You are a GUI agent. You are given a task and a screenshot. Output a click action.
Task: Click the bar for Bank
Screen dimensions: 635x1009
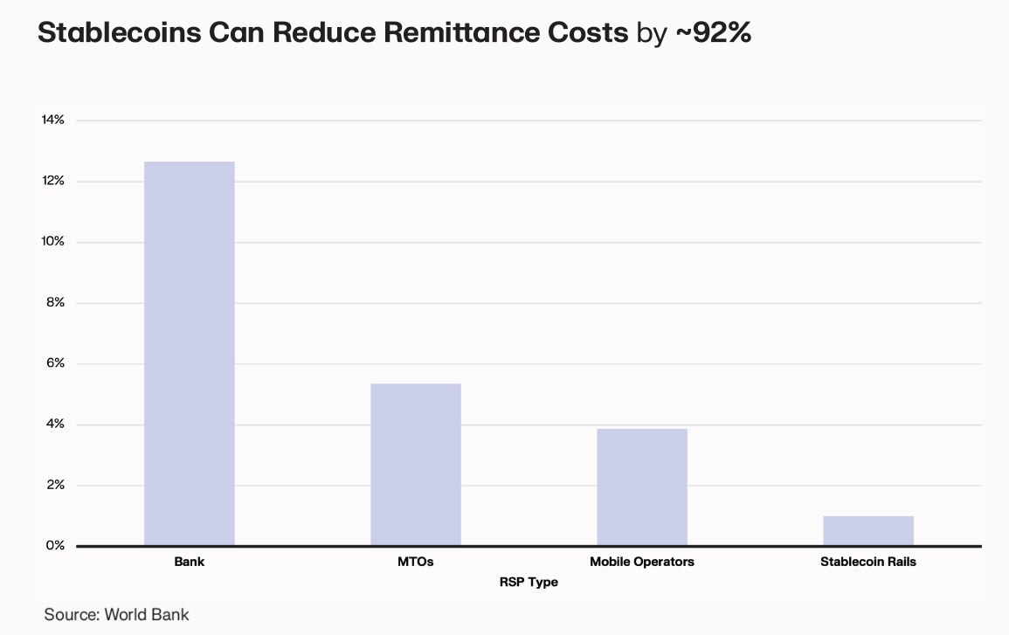(x=190, y=354)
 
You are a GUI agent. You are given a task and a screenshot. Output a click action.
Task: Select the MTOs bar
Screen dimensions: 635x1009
(x=416, y=465)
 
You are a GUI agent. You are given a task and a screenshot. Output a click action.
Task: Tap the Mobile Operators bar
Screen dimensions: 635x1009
(x=642, y=487)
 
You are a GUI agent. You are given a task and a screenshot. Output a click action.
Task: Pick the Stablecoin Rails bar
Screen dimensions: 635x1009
(x=868, y=531)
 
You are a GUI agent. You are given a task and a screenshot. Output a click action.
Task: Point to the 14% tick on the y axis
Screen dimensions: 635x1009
(x=53, y=120)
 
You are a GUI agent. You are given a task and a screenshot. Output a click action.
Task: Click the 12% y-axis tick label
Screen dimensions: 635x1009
(x=53, y=181)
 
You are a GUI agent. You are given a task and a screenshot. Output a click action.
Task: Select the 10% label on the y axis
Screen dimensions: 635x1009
(x=53, y=242)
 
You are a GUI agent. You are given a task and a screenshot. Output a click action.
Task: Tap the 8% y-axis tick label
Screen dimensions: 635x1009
(x=55, y=303)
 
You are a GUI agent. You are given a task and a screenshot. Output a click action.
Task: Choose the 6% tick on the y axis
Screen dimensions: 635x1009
(x=55, y=363)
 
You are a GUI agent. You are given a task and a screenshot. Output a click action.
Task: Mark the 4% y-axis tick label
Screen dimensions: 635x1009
(x=55, y=424)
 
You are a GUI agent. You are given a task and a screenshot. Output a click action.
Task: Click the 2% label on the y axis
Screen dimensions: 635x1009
(x=55, y=485)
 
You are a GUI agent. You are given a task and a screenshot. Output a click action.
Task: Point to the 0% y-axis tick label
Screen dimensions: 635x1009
(x=55, y=546)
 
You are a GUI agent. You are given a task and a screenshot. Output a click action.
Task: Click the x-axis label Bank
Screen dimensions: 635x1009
(x=190, y=562)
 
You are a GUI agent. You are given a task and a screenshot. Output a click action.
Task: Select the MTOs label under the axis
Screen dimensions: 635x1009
(x=416, y=562)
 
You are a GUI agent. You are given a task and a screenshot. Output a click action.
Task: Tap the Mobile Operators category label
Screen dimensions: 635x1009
(x=642, y=562)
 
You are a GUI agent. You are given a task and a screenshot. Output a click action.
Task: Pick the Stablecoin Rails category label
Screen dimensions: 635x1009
(x=868, y=562)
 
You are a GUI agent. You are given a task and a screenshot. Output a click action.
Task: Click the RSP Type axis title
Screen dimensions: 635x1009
(x=529, y=582)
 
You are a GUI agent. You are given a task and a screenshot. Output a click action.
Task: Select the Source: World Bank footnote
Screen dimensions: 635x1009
(x=116, y=614)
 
